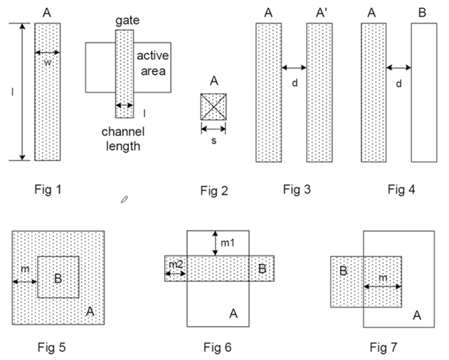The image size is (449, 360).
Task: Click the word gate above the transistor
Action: click(x=128, y=21)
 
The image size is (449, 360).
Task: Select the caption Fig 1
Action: click(x=48, y=189)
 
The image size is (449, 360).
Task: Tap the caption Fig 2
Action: click(x=214, y=191)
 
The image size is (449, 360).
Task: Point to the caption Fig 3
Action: click(x=297, y=189)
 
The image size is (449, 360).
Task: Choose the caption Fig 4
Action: click(x=401, y=189)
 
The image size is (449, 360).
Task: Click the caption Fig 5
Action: click(x=52, y=347)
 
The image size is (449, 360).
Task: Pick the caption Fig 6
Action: click(x=218, y=347)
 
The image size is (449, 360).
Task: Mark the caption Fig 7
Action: click(x=383, y=347)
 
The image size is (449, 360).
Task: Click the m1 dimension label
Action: click(x=228, y=243)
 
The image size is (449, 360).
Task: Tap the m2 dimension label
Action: click(x=176, y=265)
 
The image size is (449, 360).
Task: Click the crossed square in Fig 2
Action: click(x=214, y=107)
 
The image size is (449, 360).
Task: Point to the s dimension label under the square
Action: click(x=214, y=141)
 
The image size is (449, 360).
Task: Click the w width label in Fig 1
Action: click(x=48, y=63)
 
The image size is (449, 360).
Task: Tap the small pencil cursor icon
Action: click(x=124, y=200)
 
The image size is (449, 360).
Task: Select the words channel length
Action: click(x=123, y=139)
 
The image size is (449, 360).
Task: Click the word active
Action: click(x=153, y=55)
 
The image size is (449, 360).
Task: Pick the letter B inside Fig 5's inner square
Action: click(x=58, y=278)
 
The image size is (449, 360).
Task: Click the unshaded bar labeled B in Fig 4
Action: click(x=424, y=92)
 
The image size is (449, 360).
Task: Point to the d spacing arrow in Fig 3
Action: click(x=294, y=68)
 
